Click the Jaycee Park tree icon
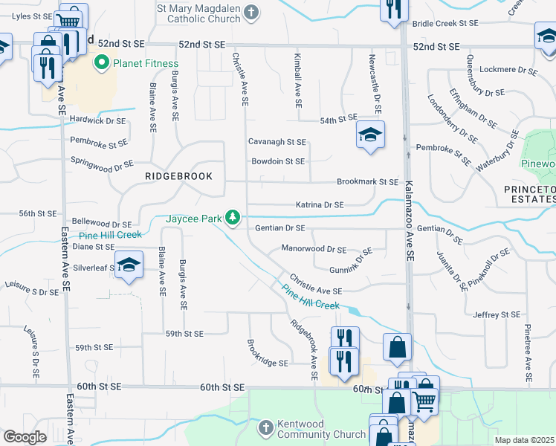233,217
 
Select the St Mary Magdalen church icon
252,11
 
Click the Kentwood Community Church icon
267,427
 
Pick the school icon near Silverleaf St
129,265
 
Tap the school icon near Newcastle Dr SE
369,135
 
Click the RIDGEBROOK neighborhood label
178,176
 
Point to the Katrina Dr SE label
320,204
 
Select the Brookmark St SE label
367,181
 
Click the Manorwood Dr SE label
314,249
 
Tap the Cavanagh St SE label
277,141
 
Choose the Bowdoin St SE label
278,161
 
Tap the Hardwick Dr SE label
97,120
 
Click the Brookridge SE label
267,363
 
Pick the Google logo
25,437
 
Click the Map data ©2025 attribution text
524,440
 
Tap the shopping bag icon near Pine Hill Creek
398,346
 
